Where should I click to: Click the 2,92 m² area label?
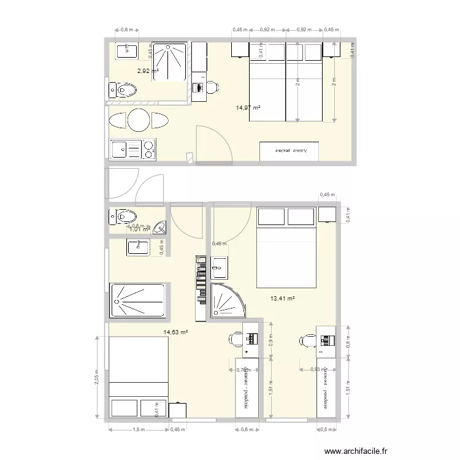point(147,71)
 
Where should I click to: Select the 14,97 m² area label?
point(248,108)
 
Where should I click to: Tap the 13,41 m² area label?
point(282,299)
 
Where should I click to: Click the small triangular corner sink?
point(161,228)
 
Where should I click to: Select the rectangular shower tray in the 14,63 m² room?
point(137,301)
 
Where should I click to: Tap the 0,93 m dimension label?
point(315,369)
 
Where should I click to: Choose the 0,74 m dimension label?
point(244,369)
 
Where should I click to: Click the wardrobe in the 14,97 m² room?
point(290,151)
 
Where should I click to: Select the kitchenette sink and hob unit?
point(132,148)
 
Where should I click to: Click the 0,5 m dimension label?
point(323,429)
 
